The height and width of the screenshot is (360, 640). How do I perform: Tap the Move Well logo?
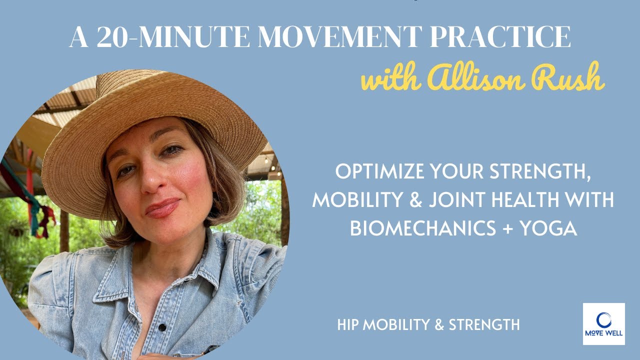click(603, 323)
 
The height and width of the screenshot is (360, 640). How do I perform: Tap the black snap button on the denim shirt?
click(162, 328)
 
